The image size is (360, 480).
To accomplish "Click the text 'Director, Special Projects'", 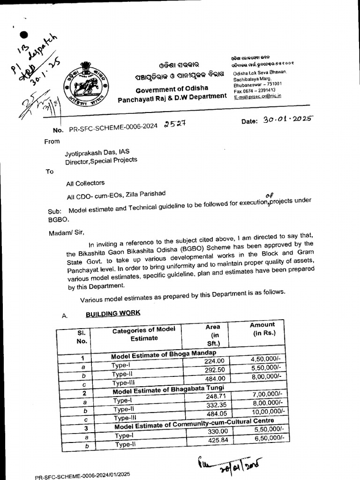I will click(x=101, y=160).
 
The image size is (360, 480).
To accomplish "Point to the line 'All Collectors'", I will click(x=85, y=183).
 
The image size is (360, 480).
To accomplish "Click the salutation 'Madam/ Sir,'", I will click(x=66, y=232).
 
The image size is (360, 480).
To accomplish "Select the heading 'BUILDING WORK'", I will click(x=112, y=313).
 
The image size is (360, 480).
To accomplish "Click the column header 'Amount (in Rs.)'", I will click(x=262, y=329).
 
